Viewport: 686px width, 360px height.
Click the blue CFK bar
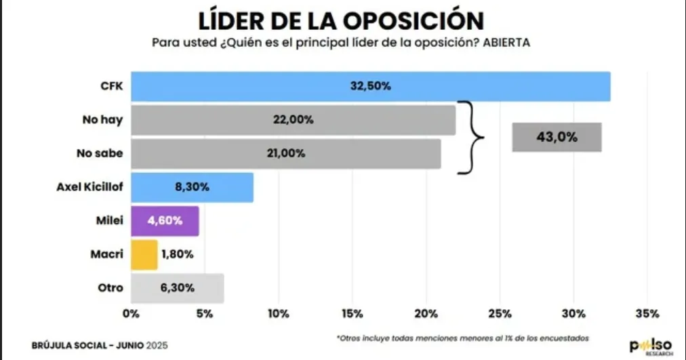[370, 87]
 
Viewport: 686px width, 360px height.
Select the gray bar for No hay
[293, 120]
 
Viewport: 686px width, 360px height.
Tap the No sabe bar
[285, 153]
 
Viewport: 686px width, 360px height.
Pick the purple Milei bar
[165, 221]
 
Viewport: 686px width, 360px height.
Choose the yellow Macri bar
[144, 254]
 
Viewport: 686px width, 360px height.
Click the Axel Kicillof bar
[192, 187]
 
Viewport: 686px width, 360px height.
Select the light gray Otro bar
[177, 288]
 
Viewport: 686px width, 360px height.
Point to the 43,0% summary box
[557, 137]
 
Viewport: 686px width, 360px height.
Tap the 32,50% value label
[369, 87]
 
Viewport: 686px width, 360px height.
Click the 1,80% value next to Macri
[178, 255]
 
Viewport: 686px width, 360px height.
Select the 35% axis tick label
[647, 314]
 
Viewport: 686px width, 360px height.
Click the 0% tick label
[130, 314]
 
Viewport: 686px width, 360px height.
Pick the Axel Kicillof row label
[89, 188]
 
